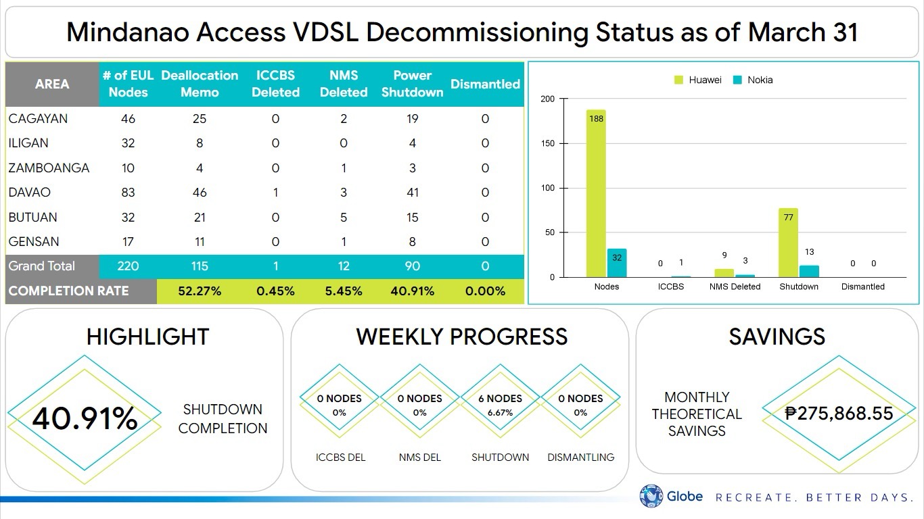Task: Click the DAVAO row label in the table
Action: pyautogui.click(x=30, y=193)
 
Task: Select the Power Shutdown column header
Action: pyautogui.click(x=412, y=84)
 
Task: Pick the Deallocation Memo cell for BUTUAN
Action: pyautogui.click(x=200, y=218)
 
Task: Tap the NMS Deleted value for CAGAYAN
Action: pyautogui.click(x=344, y=119)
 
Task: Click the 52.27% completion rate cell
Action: pyautogui.click(x=200, y=291)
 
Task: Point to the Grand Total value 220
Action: pyautogui.click(x=128, y=266)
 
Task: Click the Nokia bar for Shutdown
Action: pyautogui.click(x=809, y=271)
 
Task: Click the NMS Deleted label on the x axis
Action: pyautogui.click(x=735, y=287)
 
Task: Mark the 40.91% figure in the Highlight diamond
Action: pyautogui.click(x=85, y=419)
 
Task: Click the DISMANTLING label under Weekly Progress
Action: pyautogui.click(x=580, y=458)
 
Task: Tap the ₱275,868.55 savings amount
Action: pyautogui.click(x=839, y=413)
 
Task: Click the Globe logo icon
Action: pyautogui.click(x=651, y=497)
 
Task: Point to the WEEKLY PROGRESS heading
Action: pyautogui.click(x=461, y=337)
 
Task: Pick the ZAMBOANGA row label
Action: pyautogui.click(x=49, y=168)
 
